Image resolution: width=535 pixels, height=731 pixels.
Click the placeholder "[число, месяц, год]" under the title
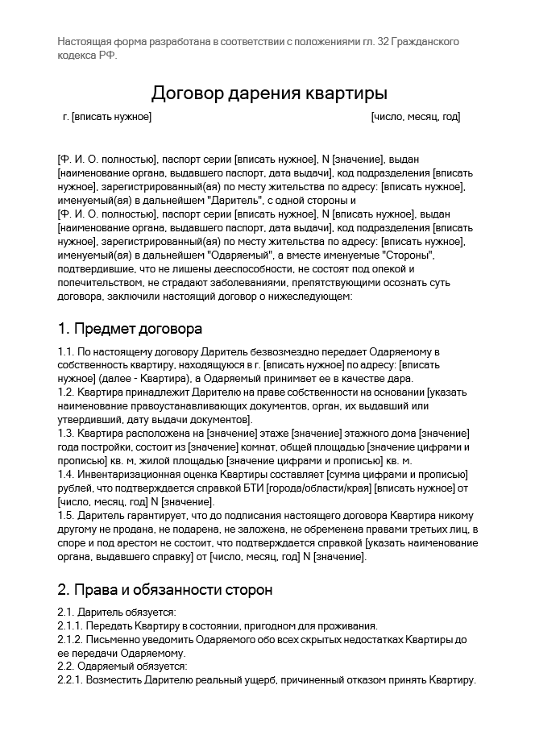pyautogui.click(x=416, y=117)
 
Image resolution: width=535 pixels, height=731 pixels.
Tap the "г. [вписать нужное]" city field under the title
pyautogui.click(x=107, y=117)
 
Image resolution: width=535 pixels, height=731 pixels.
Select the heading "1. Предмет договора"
pyautogui.click(x=130, y=328)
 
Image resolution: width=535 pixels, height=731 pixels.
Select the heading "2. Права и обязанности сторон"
pyautogui.click(x=165, y=589)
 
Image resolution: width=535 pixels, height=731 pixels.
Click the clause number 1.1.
pyautogui.click(x=66, y=352)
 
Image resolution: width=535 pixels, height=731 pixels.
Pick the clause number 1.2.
pyautogui.click(x=66, y=392)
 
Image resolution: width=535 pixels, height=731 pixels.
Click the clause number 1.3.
pyautogui.click(x=66, y=434)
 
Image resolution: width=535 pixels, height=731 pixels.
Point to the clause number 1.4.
pyautogui.click(x=66, y=474)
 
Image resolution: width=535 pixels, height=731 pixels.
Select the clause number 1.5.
pyautogui.click(x=66, y=515)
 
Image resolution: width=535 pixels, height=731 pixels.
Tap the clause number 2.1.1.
pyautogui.click(x=70, y=625)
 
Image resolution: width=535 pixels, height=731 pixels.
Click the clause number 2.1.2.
pyautogui.click(x=70, y=639)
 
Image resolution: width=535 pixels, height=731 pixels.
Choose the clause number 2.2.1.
pyautogui.click(x=70, y=680)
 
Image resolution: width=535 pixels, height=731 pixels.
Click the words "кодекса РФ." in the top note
pyautogui.click(x=87, y=54)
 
